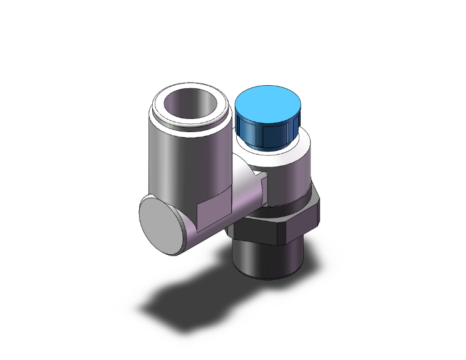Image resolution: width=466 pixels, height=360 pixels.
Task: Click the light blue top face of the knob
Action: (x=267, y=103)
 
